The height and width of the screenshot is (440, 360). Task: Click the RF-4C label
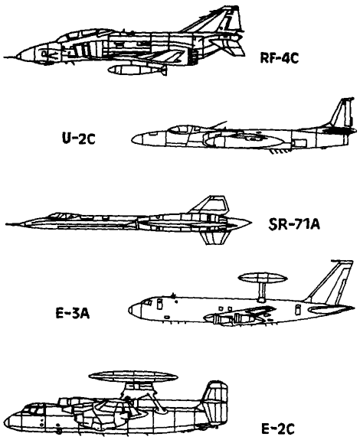point(279,58)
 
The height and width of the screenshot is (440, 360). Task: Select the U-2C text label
point(79,139)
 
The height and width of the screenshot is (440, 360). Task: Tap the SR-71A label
point(294,224)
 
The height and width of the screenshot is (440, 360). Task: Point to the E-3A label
point(73,313)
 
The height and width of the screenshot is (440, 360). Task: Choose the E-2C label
point(278,429)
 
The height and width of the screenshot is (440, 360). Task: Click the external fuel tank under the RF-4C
point(137,70)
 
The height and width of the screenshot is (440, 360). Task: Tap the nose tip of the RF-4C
point(5,57)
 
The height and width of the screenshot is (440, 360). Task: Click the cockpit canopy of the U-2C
point(182,129)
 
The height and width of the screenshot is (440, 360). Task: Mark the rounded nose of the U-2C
point(138,139)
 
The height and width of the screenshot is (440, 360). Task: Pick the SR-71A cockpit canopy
point(62,216)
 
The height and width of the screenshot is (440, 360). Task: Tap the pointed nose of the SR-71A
point(8,224)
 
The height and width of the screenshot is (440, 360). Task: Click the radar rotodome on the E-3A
point(263,279)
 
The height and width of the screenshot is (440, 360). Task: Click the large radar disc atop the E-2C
point(134,376)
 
